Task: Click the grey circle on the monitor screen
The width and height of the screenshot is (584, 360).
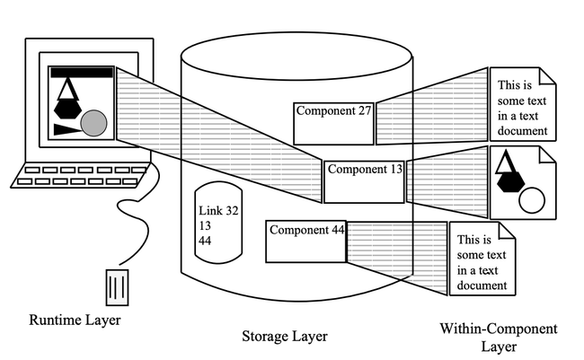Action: coord(94,123)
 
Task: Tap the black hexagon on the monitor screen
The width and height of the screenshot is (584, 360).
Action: coord(66,107)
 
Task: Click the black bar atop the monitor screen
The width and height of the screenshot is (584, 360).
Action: coord(81,72)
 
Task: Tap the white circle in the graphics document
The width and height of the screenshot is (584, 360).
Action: coord(532,200)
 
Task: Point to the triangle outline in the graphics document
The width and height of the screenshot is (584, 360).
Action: coord(505,162)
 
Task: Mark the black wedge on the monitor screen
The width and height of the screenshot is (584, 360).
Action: coord(65,129)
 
